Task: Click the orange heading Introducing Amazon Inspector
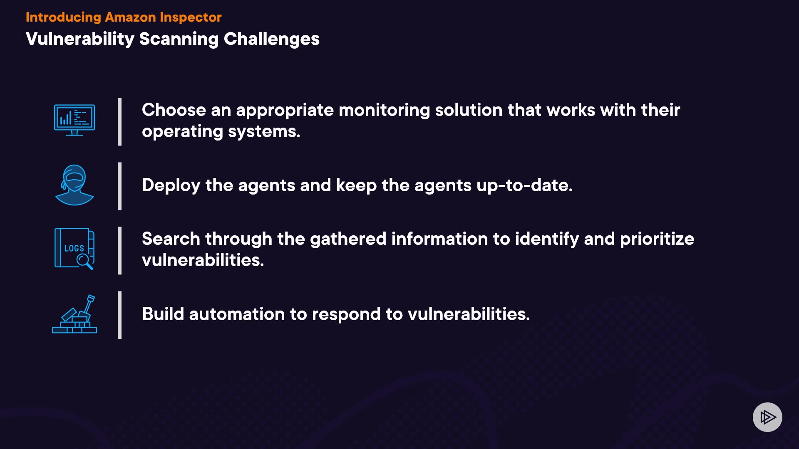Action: tap(124, 17)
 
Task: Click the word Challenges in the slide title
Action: tap(271, 39)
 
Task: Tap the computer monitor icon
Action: tap(74, 120)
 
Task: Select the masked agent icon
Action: tap(74, 185)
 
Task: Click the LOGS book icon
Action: tap(74, 249)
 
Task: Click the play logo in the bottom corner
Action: tap(767, 417)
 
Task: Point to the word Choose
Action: tap(174, 110)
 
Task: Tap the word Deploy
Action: tap(171, 186)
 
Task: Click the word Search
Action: tap(171, 239)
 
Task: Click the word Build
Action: tap(163, 314)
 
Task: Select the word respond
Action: tap(346, 315)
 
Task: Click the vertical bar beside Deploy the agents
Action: tap(120, 186)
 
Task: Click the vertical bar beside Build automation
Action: tap(120, 315)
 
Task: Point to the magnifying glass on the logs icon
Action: tap(84, 262)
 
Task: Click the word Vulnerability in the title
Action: tap(80, 39)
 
